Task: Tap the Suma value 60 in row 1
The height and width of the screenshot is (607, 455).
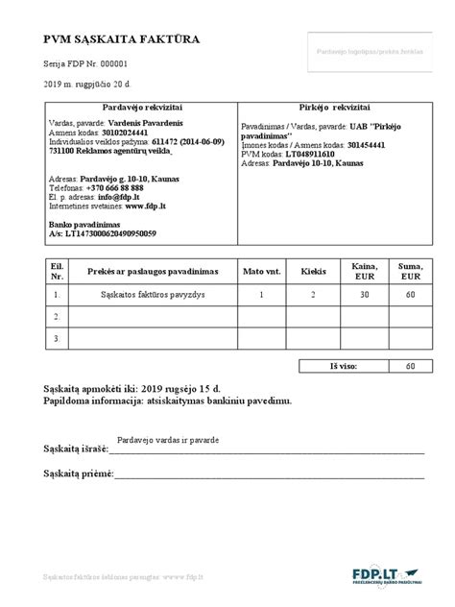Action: point(411,296)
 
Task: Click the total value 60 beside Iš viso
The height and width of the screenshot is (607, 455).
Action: point(411,366)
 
